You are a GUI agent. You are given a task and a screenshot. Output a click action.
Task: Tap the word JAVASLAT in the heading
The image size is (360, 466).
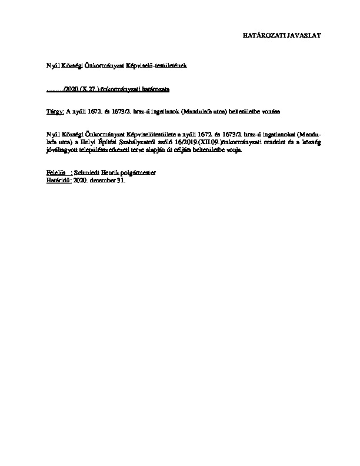point(304,35)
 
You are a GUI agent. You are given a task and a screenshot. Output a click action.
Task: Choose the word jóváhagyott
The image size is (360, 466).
point(60,150)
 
